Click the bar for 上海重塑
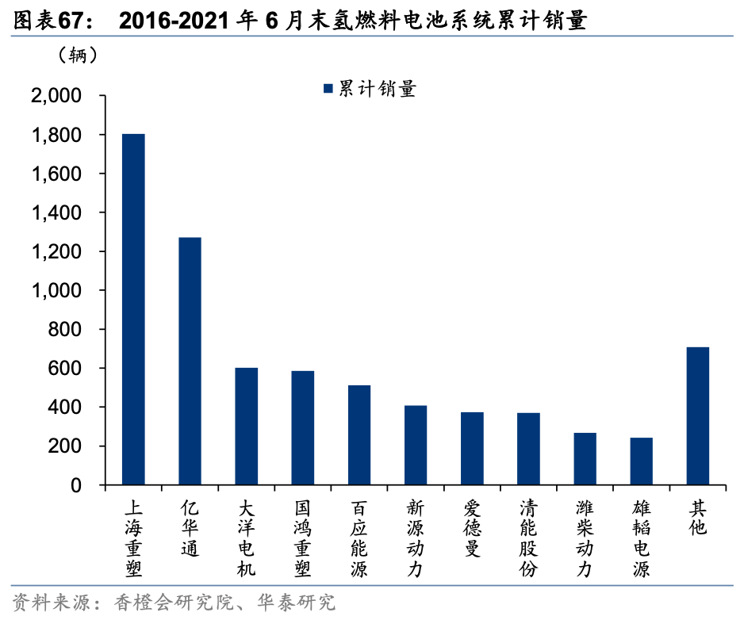(133, 309)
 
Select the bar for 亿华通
(190, 361)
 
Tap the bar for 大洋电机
(246, 426)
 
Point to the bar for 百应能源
(359, 434)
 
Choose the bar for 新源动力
(416, 445)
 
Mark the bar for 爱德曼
(472, 448)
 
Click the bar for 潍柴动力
(585, 458)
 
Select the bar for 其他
(697, 415)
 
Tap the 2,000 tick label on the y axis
(55, 96)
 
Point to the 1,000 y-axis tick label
(55, 291)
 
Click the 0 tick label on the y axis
(76, 485)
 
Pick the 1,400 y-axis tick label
(55, 213)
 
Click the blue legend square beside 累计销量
(327, 89)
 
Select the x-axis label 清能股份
(528, 538)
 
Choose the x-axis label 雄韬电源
(641, 538)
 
